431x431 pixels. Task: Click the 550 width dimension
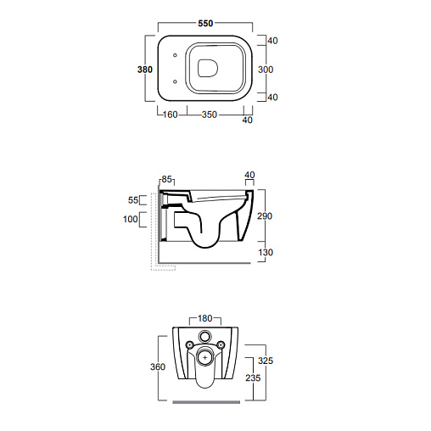[205, 23]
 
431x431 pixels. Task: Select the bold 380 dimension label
[145, 70]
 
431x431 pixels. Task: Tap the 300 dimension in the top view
[266, 70]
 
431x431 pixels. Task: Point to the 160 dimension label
[171, 115]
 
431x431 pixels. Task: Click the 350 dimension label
[210, 115]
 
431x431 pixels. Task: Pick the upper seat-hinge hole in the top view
[175, 55]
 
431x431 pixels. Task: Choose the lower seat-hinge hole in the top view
[175, 81]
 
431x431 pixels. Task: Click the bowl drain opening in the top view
[208, 68]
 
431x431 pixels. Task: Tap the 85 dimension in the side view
[166, 179]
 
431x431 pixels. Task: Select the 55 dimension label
[133, 200]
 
